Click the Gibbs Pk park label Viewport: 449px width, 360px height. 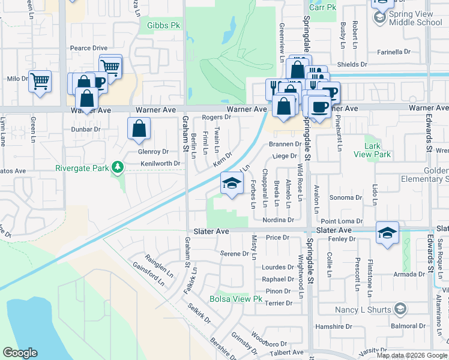click(159, 25)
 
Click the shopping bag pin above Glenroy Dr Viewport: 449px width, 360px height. click(139, 128)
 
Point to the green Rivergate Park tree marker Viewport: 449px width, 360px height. click(119, 167)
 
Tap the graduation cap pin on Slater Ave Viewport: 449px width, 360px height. click(387, 232)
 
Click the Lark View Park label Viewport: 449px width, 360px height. click(377, 150)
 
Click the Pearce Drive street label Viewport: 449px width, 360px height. click(88, 48)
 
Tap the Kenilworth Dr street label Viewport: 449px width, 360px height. click(160, 163)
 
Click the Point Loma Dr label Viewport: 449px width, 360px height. click(342, 221)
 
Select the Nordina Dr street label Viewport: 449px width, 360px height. click(277, 220)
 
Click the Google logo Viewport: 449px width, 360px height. click(20, 353)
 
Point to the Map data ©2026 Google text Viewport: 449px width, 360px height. click(411, 355)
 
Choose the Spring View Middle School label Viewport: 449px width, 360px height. click(415, 17)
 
